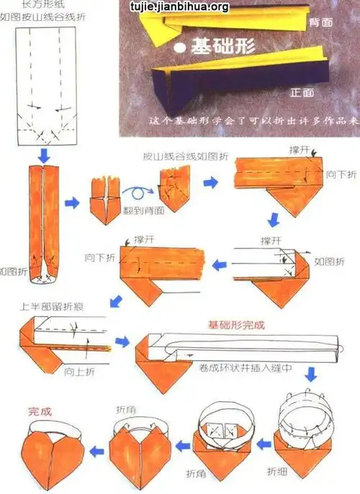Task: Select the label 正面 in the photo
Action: (x=302, y=93)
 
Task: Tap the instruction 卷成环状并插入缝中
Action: (x=235, y=367)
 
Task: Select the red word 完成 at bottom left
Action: (x=40, y=412)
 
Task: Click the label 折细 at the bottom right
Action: (x=277, y=472)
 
